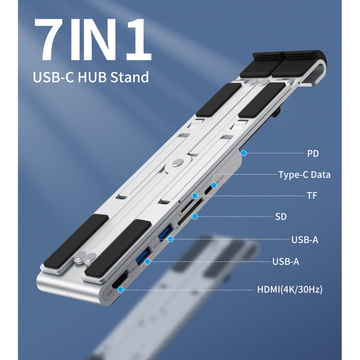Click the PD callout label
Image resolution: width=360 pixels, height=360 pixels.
[x=313, y=154]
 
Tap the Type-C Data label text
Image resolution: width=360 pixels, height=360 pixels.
[x=304, y=175]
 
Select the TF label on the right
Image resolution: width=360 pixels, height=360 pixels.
[x=312, y=195]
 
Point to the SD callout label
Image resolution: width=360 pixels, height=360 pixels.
[x=281, y=217]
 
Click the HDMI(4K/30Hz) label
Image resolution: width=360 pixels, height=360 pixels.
[x=290, y=290]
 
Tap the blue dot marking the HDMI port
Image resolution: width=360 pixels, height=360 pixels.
[x=121, y=290]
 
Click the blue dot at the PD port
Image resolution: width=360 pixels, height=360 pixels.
[x=243, y=153]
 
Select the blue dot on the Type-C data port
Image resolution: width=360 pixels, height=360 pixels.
[x=213, y=185]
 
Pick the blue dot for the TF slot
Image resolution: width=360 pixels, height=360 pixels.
[x=194, y=195]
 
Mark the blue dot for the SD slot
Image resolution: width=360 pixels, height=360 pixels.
[x=194, y=216]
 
